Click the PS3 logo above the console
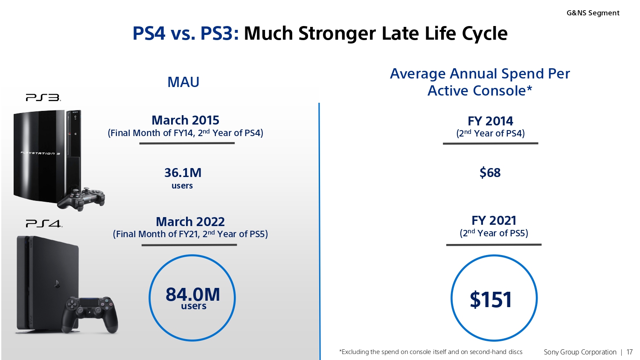[x=43, y=98]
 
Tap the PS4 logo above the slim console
[x=44, y=224]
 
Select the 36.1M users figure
[x=183, y=173]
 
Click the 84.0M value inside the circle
[x=193, y=294]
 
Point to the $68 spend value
[x=490, y=173]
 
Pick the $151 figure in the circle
[x=491, y=299]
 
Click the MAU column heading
[x=183, y=82]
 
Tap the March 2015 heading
[x=185, y=120]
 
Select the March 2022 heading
[x=190, y=222]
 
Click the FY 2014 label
[x=490, y=121]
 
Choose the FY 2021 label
[x=494, y=221]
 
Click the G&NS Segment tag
[x=593, y=13]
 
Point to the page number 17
[x=629, y=352]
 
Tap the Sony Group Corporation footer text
[x=580, y=352]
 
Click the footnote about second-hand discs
[x=431, y=352]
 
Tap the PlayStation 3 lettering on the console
[x=41, y=153]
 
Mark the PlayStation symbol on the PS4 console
[x=57, y=284]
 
